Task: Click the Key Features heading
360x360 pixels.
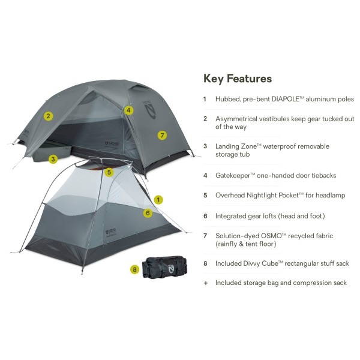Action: pyautogui.click(x=238, y=79)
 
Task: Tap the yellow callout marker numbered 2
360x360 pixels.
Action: pyautogui.click(x=49, y=116)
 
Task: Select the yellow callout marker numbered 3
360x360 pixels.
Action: pyautogui.click(x=53, y=159)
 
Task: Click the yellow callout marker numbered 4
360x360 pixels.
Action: pyautogui.click(x=129, y=110)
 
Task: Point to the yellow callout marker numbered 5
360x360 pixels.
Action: pyautogui.click(x=109, y=172)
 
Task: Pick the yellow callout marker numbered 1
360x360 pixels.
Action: pyautogui.click(x=158, y=199)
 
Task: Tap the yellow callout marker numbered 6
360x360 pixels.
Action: pyautogui.click(x=148, y=212)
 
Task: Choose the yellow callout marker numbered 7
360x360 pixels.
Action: pyautogui.click(x=161, y=135)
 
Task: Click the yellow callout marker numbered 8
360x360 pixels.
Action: pyautogui.click(x=134, y=269)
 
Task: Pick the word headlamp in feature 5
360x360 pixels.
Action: pyautogui.click(x=332, y=195)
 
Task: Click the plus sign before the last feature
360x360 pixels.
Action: pyautogui.click(x=205, y=283)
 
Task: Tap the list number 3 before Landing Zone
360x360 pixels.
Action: pyautogui.click(x=205, y=146)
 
